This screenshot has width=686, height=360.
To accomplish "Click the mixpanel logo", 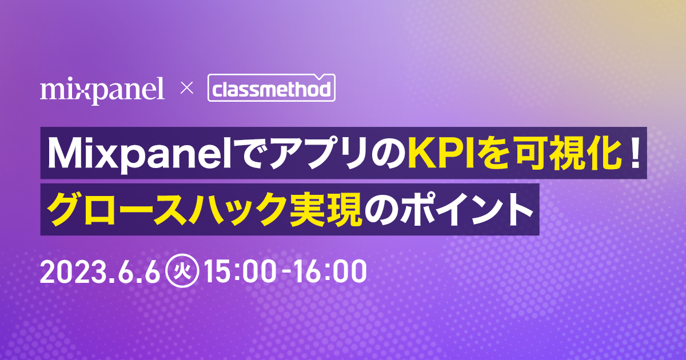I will pos(102,90).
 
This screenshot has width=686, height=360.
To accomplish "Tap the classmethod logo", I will pos(270,90).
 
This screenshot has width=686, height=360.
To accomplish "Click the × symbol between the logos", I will pos(185,89).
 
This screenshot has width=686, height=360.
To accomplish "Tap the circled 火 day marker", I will pos(181,273).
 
